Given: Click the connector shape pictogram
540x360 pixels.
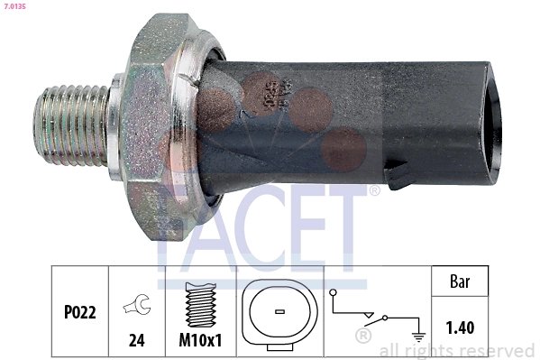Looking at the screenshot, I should point(279,311).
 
